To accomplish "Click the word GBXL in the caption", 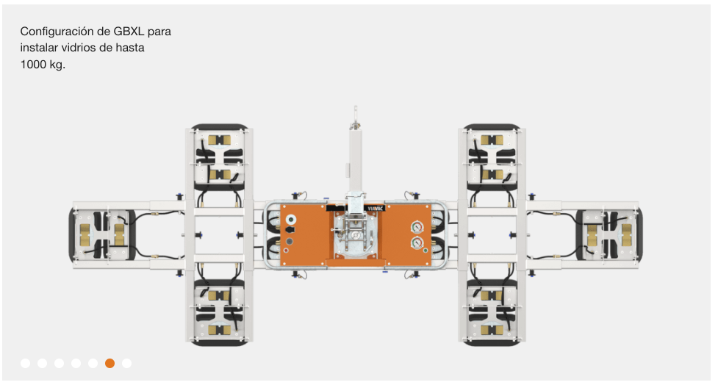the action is click(x=129, y=32).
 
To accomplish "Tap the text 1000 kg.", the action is click(x=43, y=65).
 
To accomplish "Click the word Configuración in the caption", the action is click(x=57, y=32).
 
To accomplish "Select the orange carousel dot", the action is click(x=110, y=363).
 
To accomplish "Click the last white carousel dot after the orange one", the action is click(x=127, y=363).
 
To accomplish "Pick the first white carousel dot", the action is click(x=26, y=363).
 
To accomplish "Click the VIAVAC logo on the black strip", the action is click(x=375, y=208).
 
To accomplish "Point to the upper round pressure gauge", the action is click(x=417, y=226).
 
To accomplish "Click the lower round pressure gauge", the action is click(x=417, y=242).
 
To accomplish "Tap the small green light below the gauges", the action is click(x=426, y=251).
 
